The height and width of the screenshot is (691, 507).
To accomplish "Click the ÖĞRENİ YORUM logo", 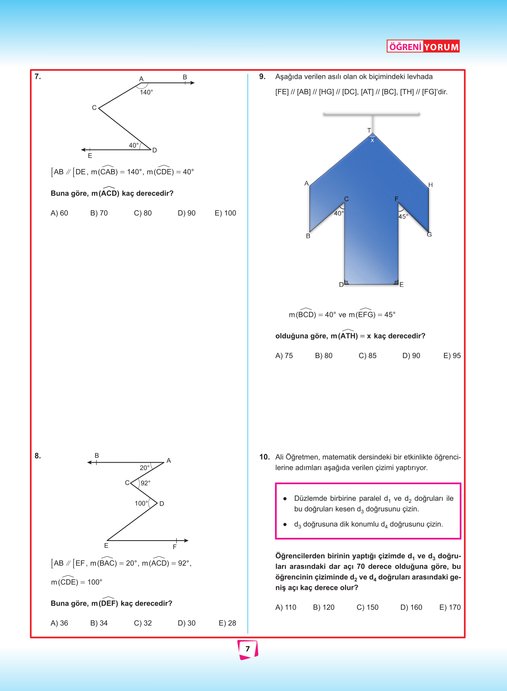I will [x=423, y=46].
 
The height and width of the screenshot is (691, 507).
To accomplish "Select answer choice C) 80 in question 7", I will [x=143, y=213].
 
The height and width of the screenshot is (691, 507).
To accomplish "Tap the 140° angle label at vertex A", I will [x=146, y=92].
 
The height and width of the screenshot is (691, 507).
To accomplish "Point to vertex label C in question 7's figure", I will [x=94, y=108].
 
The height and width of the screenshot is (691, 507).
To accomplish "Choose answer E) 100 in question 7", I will [x=225, y=213].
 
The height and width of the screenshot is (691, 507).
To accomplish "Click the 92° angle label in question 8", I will [x=146, y=483].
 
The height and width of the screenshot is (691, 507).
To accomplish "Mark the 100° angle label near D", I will [x=141, y=503].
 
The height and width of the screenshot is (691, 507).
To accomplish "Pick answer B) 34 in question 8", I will [x=99, y=623].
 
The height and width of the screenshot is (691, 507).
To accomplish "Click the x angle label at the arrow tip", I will [x=372, y=140].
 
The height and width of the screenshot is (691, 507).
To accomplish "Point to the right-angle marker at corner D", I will [x=346, y=282].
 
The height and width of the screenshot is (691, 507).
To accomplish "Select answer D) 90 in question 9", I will [x=411, y=356].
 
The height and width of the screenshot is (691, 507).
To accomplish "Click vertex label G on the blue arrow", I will [x=429, y=235].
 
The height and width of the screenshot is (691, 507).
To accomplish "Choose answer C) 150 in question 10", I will [x=368, y=607].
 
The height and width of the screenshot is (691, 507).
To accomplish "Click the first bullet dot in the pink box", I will [x=285, y=499].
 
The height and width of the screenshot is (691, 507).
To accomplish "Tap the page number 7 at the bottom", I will [x=248, y=649].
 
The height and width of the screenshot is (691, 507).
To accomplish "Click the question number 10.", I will [x=264, y=457].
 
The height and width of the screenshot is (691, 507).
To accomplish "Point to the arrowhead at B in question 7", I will [x=192, y=83].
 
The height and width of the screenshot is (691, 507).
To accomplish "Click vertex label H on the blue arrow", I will [x=431, y=185].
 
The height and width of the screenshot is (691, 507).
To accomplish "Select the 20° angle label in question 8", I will [x=145, y=468].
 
